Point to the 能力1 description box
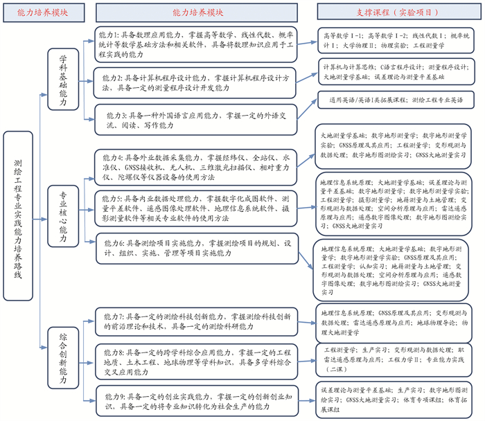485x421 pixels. (197, 43)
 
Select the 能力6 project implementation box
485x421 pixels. (197, 249)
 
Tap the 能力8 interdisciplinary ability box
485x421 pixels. (197, 361)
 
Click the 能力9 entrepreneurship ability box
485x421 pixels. (199, 402)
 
